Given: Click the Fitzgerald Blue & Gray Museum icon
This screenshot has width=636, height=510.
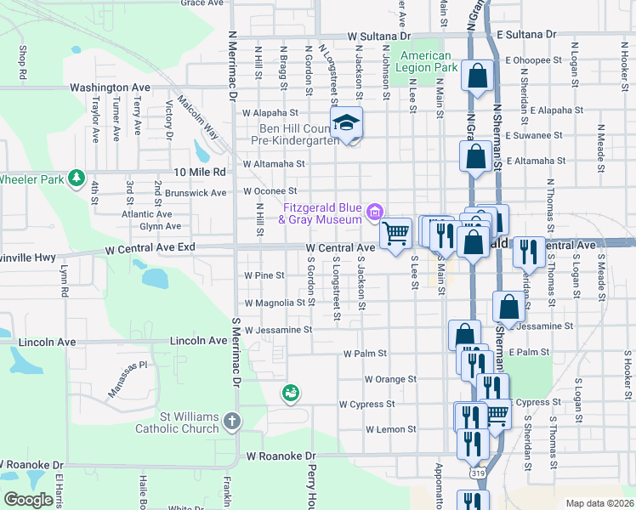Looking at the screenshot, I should coord(375,210).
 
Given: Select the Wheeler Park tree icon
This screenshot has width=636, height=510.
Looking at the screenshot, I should coord(77,178).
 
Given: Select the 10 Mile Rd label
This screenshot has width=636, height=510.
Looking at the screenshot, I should coord(202,172).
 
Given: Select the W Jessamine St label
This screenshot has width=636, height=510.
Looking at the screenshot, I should coord(278,329).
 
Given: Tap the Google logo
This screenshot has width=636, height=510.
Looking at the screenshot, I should coord(28,500).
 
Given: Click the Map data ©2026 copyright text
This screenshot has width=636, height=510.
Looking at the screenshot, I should coord(599,503).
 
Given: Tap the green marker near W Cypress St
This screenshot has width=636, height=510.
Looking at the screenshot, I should coord(291,393).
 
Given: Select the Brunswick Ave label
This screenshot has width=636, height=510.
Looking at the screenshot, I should coord(196,193).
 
